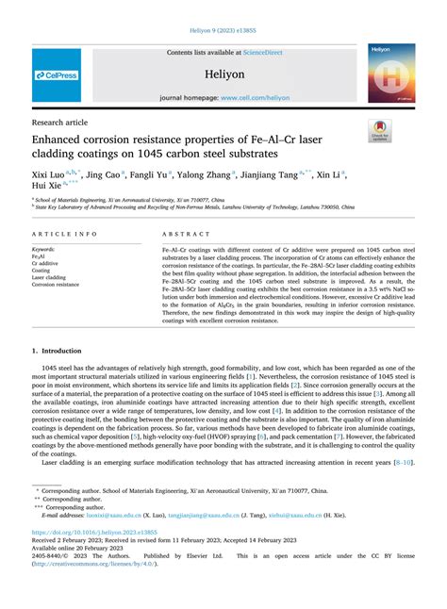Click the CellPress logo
pyautogui.click(x=57, y=75)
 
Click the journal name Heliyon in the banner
pyautogui.click(x=223, y=72)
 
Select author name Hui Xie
pyautogui.click(x=47, y=188)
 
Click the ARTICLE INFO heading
pyautogui.click(x=64, y=233)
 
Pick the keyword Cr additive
pyautogui.click(x=47, y=264)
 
